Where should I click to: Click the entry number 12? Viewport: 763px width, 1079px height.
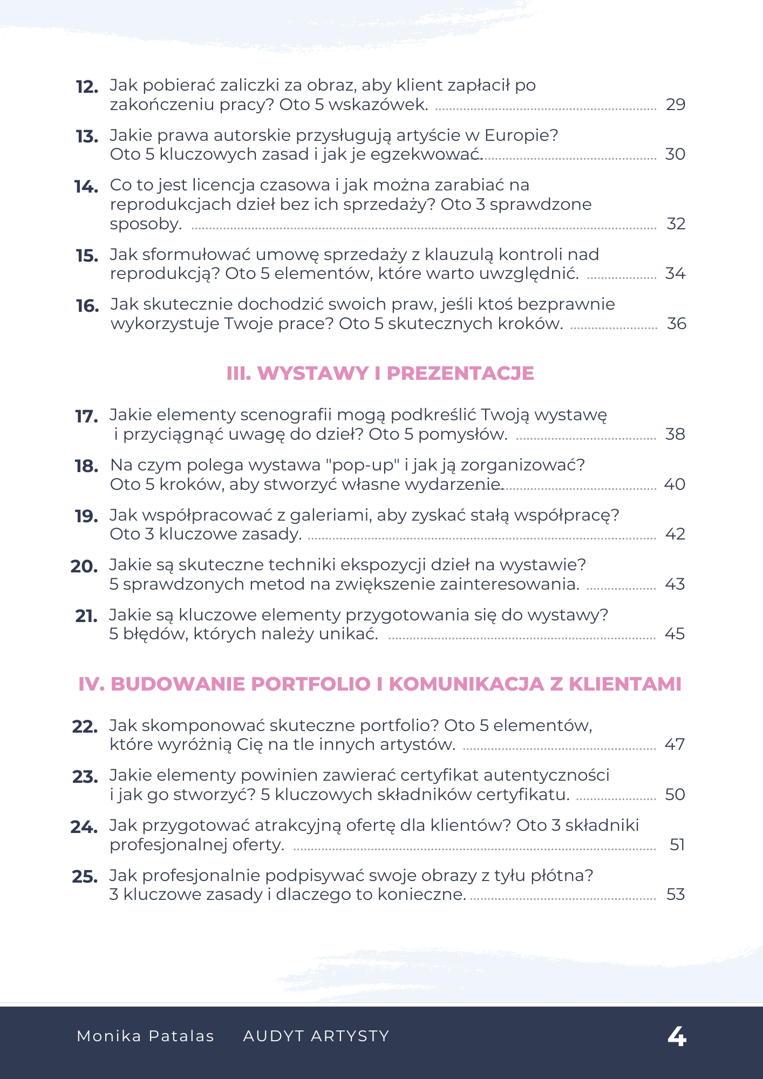[x=87, y=87]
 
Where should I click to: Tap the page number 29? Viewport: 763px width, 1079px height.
[x=675, y=104]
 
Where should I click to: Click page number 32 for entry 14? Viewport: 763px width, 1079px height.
[x=676, y=223]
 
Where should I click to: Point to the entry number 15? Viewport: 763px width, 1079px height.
[x=87, y=256]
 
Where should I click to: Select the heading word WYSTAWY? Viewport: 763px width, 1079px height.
[x=313, y=373]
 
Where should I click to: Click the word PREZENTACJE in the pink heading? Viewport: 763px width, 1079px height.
[x=460, y=373]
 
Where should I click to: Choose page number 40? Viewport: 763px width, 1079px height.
[x=675, y=484]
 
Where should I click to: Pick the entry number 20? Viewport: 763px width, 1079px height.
[x=84, y=566]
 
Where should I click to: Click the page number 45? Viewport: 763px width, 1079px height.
[x=675, y=633]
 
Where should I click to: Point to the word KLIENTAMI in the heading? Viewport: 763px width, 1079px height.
[x=625, y=684]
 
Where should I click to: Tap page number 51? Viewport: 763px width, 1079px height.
[x=677, y=844]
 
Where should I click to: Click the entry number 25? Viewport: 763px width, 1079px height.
[x=85, y=877]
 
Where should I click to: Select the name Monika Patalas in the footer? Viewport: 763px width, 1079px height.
[x=146, y=1036]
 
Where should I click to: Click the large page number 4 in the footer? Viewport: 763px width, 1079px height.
[x=677, y=1036]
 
